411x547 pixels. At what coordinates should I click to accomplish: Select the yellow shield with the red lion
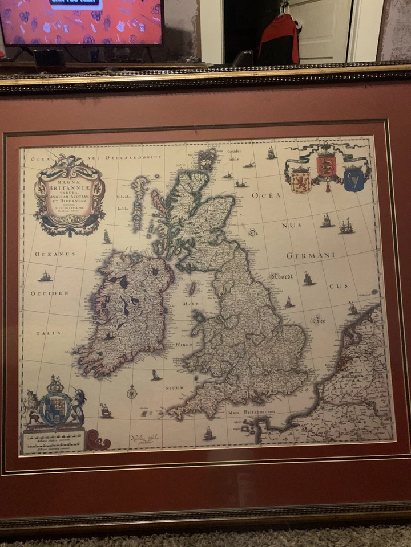[x=301, y=179]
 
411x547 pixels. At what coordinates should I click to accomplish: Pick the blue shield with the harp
[x=354, y=179]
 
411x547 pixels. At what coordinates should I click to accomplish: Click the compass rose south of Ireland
[x=132, y=392]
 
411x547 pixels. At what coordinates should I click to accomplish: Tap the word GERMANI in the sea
[x=311, y=255]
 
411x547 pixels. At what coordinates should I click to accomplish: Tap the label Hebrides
[x=124, y=197]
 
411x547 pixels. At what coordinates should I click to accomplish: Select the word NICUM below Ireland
[x=174, y=388]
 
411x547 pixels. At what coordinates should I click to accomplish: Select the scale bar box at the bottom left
[x=53, y=440]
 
